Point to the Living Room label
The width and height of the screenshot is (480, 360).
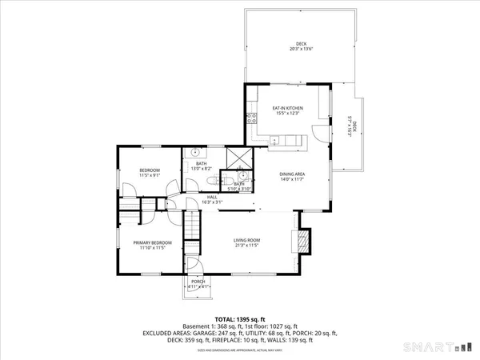[248, 241]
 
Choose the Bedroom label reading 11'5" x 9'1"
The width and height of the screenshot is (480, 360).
[150, 173]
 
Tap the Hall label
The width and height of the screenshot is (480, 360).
[212, 200]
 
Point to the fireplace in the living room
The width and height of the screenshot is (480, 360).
[302, 241]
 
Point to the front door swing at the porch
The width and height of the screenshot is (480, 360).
[201, 270]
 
